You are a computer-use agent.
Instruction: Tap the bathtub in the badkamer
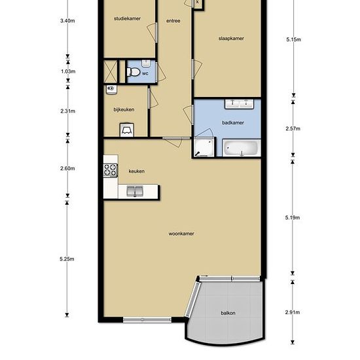242,148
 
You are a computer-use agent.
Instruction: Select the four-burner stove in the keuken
111,170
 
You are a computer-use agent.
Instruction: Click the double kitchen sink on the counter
135,191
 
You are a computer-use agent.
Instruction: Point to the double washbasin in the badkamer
239,104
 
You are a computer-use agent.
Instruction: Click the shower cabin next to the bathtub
204,147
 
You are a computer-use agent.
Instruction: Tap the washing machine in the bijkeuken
127,130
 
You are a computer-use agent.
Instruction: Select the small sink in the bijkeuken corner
111,90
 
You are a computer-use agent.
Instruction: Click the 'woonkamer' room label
181,234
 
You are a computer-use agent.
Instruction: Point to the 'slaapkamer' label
231,39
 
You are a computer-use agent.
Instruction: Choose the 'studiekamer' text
127,18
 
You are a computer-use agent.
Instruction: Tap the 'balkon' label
228,313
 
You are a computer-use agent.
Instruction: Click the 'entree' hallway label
173,21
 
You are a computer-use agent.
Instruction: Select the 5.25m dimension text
67,259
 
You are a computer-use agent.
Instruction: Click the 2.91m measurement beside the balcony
293,312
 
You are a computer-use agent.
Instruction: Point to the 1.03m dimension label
68,71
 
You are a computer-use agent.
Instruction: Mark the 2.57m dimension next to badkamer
293,128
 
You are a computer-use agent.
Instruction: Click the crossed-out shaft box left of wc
111,71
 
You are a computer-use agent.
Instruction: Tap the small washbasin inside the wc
146,63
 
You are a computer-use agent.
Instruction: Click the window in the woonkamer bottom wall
147,319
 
